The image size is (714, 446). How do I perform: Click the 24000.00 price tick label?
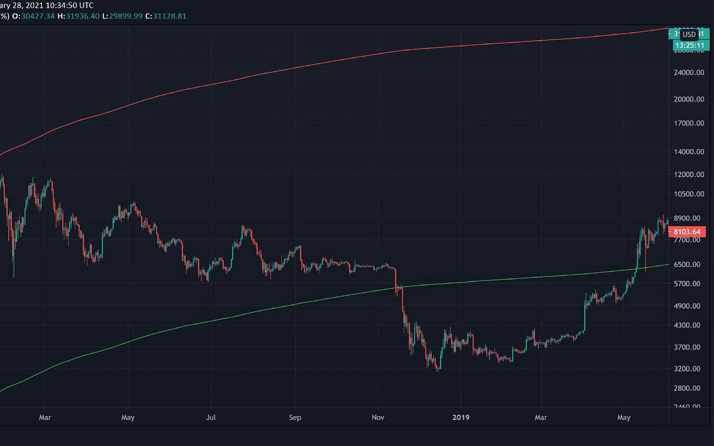pyautogui.click(x=689, y=72)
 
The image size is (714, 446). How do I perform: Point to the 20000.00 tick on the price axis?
pyautogui.click(x=689, y=99)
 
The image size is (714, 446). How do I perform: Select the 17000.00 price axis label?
pyautogui.click(x=689, y=123)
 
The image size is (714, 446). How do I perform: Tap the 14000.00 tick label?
pyautogui.click(x=689, y=152)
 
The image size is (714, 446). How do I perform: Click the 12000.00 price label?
pyautogui.click(x=689, y=174)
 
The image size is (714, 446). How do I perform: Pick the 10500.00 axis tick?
pyautogui.click(x=689, y=194)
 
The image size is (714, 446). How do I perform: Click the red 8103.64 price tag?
pyautogui.click(x=687, y=232)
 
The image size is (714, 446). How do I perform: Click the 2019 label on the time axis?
pyautogui.click(x=461, y=417)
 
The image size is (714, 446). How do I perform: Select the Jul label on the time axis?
pyautogui.click(x=211, y=417)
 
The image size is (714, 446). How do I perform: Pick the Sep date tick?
pyautogui.click(x=295, y=417)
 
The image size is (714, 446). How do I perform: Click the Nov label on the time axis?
pyautogui.click(x=378, y=417)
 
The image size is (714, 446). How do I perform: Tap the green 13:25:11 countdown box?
pyautogui.click(x=689, y=45)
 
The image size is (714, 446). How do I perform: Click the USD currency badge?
pyautogui.click(x=689, y=34)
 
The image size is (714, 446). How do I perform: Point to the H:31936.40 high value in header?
pyautogui.click(x=78, y=16)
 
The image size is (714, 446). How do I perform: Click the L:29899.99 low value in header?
pyautogui.click(x=122, y=16)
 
